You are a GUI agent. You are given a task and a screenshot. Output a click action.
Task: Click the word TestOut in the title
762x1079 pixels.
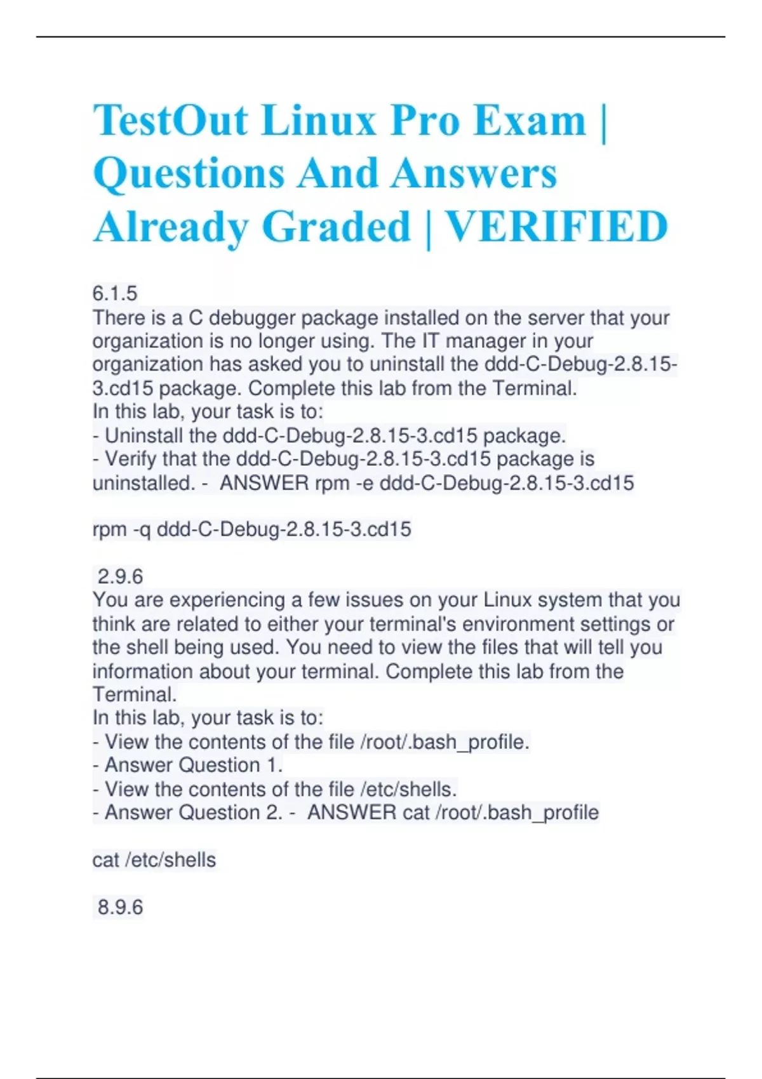pos(170,121)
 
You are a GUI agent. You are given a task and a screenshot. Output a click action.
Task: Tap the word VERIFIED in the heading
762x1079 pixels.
pos(556,227)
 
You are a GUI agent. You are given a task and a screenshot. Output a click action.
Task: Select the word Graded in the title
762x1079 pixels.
pos(337,227)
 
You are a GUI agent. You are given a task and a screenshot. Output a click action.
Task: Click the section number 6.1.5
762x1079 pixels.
pos(115,293)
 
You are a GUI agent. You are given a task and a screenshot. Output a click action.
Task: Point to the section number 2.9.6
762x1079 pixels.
pos(120,576)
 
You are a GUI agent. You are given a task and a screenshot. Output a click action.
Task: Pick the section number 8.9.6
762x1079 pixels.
pos(120,907)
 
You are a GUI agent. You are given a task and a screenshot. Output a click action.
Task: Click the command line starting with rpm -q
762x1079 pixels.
pos(251,529)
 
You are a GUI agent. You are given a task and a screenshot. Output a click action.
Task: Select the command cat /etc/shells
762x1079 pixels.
pos(154,860)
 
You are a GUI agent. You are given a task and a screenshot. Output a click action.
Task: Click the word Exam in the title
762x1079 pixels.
pos(530,121)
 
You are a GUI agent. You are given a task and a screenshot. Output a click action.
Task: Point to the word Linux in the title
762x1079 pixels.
pos(319,121)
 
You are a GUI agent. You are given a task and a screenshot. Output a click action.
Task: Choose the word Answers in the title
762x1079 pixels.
pos(474,174)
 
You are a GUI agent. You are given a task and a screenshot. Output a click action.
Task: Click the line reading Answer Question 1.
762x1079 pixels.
pos(193,765)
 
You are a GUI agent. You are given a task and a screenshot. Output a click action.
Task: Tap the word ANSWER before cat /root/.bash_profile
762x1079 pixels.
pos(351,812)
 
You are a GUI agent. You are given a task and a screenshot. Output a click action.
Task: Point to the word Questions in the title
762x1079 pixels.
pos(189,174)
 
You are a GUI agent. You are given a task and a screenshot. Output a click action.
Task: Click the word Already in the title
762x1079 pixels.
pos(170,227)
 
